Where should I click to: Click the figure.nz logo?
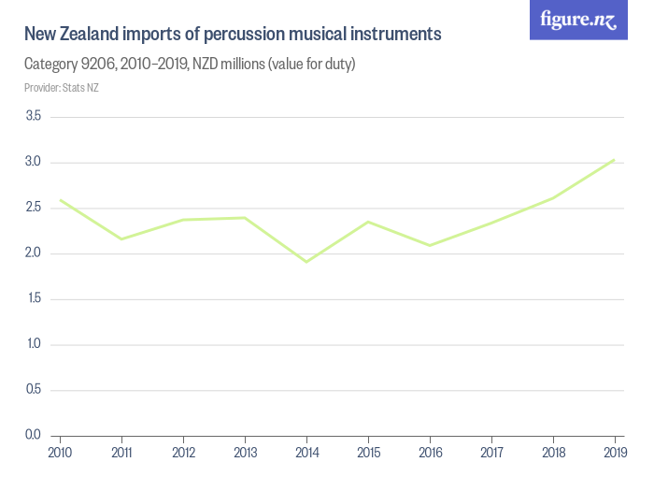(x=579, y=20)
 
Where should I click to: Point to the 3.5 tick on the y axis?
(x=34, y=116)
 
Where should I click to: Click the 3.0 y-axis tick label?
(x=34, y=162)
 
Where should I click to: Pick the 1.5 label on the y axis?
(x=34, y=298)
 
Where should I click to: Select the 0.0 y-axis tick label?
(x=34, y=435)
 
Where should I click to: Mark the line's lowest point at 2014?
(x=306, y=261)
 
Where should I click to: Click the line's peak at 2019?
(x=614, y=159)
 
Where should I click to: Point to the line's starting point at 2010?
(x=60, y=199)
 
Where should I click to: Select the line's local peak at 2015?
(x=368, y=222)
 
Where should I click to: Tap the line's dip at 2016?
(x=430, y=245)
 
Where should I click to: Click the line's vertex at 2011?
(x=121, y=238)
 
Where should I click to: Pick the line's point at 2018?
(x=553, y=197)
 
